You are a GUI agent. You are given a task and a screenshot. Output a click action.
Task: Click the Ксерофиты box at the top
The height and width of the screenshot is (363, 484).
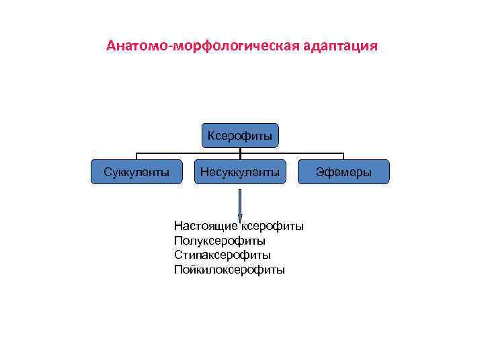(240, 136)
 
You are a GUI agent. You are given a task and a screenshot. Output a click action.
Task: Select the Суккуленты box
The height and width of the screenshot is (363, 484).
(136, 172)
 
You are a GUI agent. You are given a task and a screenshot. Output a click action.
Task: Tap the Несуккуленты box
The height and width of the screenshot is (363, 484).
(240, 172)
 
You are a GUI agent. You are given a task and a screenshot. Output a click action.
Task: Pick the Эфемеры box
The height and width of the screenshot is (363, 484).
(344, 172)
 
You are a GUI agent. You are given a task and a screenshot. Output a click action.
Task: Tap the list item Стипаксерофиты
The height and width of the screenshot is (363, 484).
(223, 255)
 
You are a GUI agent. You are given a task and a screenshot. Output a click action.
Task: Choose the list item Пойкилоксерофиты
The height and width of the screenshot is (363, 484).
(229, 270)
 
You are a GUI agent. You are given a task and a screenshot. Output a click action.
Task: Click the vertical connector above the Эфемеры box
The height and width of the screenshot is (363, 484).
(344, 155)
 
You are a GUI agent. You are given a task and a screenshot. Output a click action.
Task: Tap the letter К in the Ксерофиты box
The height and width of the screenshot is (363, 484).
(211, 136)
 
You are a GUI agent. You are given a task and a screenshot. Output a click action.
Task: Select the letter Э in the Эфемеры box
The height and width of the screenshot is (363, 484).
(319, 172)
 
